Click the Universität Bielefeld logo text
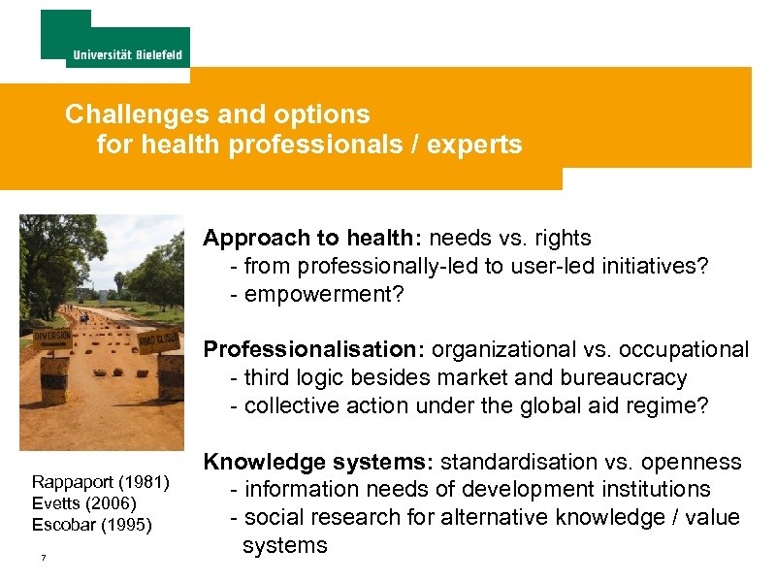click(128, 54)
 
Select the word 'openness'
click(696, 462)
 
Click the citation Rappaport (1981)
click(101, 482)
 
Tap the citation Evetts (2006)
click(84, 502)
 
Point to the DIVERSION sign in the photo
click(52, 337)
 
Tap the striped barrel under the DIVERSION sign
click(54, 378)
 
